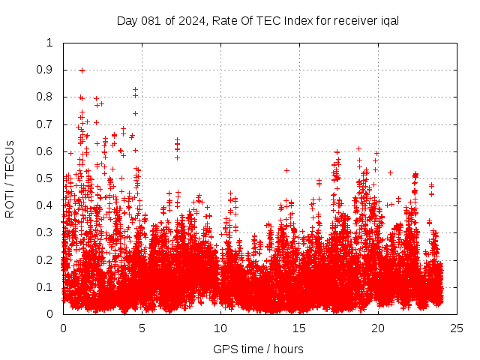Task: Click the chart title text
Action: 257,20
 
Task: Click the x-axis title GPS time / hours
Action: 258,349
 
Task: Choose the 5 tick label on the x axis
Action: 142,328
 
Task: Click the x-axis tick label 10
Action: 220,328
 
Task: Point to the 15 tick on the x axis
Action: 299,328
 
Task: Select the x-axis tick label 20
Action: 379,328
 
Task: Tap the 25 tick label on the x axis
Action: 457,328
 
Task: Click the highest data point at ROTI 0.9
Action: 82,70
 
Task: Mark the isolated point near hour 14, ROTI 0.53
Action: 286,170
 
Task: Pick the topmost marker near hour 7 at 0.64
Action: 177,140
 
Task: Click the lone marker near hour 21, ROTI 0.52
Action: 390,172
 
